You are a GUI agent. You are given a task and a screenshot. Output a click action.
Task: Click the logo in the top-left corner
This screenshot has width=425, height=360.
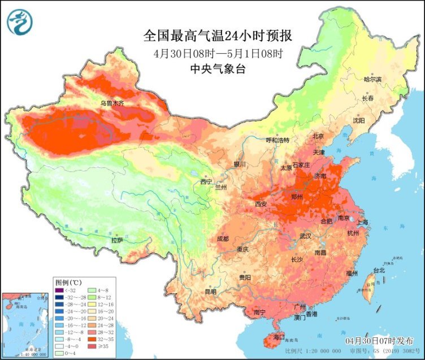tap(20, 22)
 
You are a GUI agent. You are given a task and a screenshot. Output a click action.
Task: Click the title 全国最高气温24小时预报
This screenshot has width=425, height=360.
tap(218, 36)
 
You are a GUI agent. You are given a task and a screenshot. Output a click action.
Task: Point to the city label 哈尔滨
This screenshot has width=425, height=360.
tap(372, 79)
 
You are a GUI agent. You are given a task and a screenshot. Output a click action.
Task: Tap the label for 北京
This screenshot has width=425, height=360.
tap(318, 136)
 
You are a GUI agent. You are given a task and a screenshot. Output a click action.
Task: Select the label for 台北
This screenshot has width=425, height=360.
tap(378, 270)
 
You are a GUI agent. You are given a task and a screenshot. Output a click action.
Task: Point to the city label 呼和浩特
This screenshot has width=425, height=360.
tap(277, 140)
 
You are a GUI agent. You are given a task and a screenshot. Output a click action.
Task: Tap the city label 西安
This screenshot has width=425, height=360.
tap(261, 203)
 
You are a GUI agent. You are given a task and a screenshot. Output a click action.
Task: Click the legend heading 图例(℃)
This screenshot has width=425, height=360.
tap(68, 281)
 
